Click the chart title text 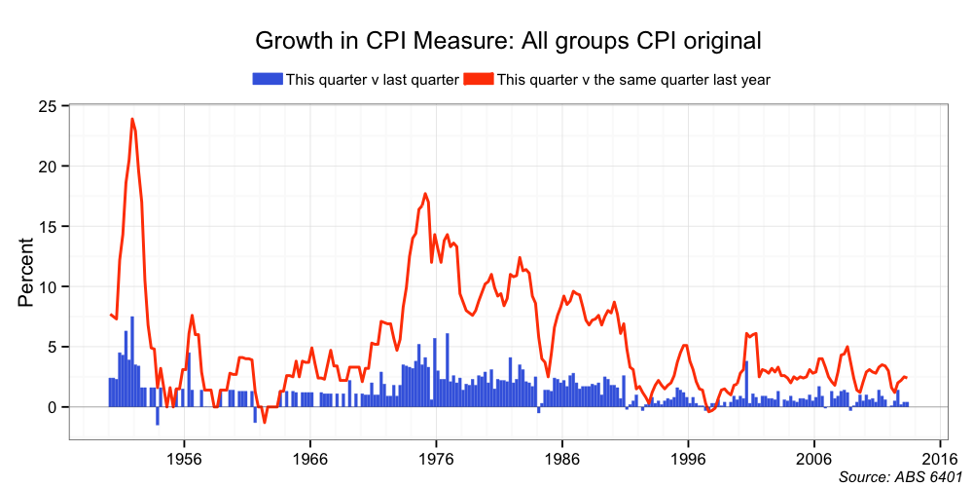(x=507, y=41)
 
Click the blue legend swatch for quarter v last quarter (x=268, y=79)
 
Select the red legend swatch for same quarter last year (x=479, y=79)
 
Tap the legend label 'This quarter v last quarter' (x=372, y=80)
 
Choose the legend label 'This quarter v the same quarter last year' (x=633, y=80)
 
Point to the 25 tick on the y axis (x=48, y=105)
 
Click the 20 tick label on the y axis (x=48, y=166)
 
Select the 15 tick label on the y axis (x=48, y=226)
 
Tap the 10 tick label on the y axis (x=48, y=286)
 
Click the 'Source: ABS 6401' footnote (x=899, y=476)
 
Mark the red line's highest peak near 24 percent (x=132, y=119)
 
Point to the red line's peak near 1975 (x=425, y=194)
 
